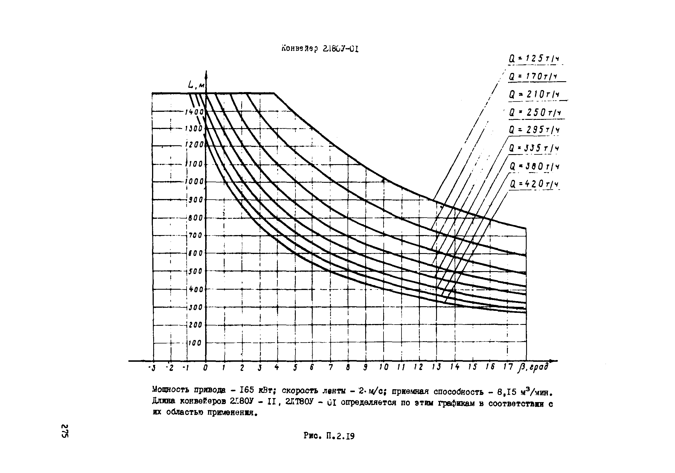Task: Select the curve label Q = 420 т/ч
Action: click(534, 184)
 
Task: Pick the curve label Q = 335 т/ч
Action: click(534, 148)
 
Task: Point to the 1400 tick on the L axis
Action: click(194, 112)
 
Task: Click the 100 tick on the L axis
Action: click(195, 343)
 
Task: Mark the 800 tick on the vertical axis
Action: click(195, 218)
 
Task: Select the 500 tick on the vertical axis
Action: click(195, 271)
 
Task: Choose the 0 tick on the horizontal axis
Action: click(205, 368)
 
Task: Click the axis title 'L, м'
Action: click(196, 85)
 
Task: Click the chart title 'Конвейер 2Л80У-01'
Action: click(319, 49)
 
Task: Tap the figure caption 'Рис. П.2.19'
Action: click(329, 436)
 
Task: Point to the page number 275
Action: click(65, 431)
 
